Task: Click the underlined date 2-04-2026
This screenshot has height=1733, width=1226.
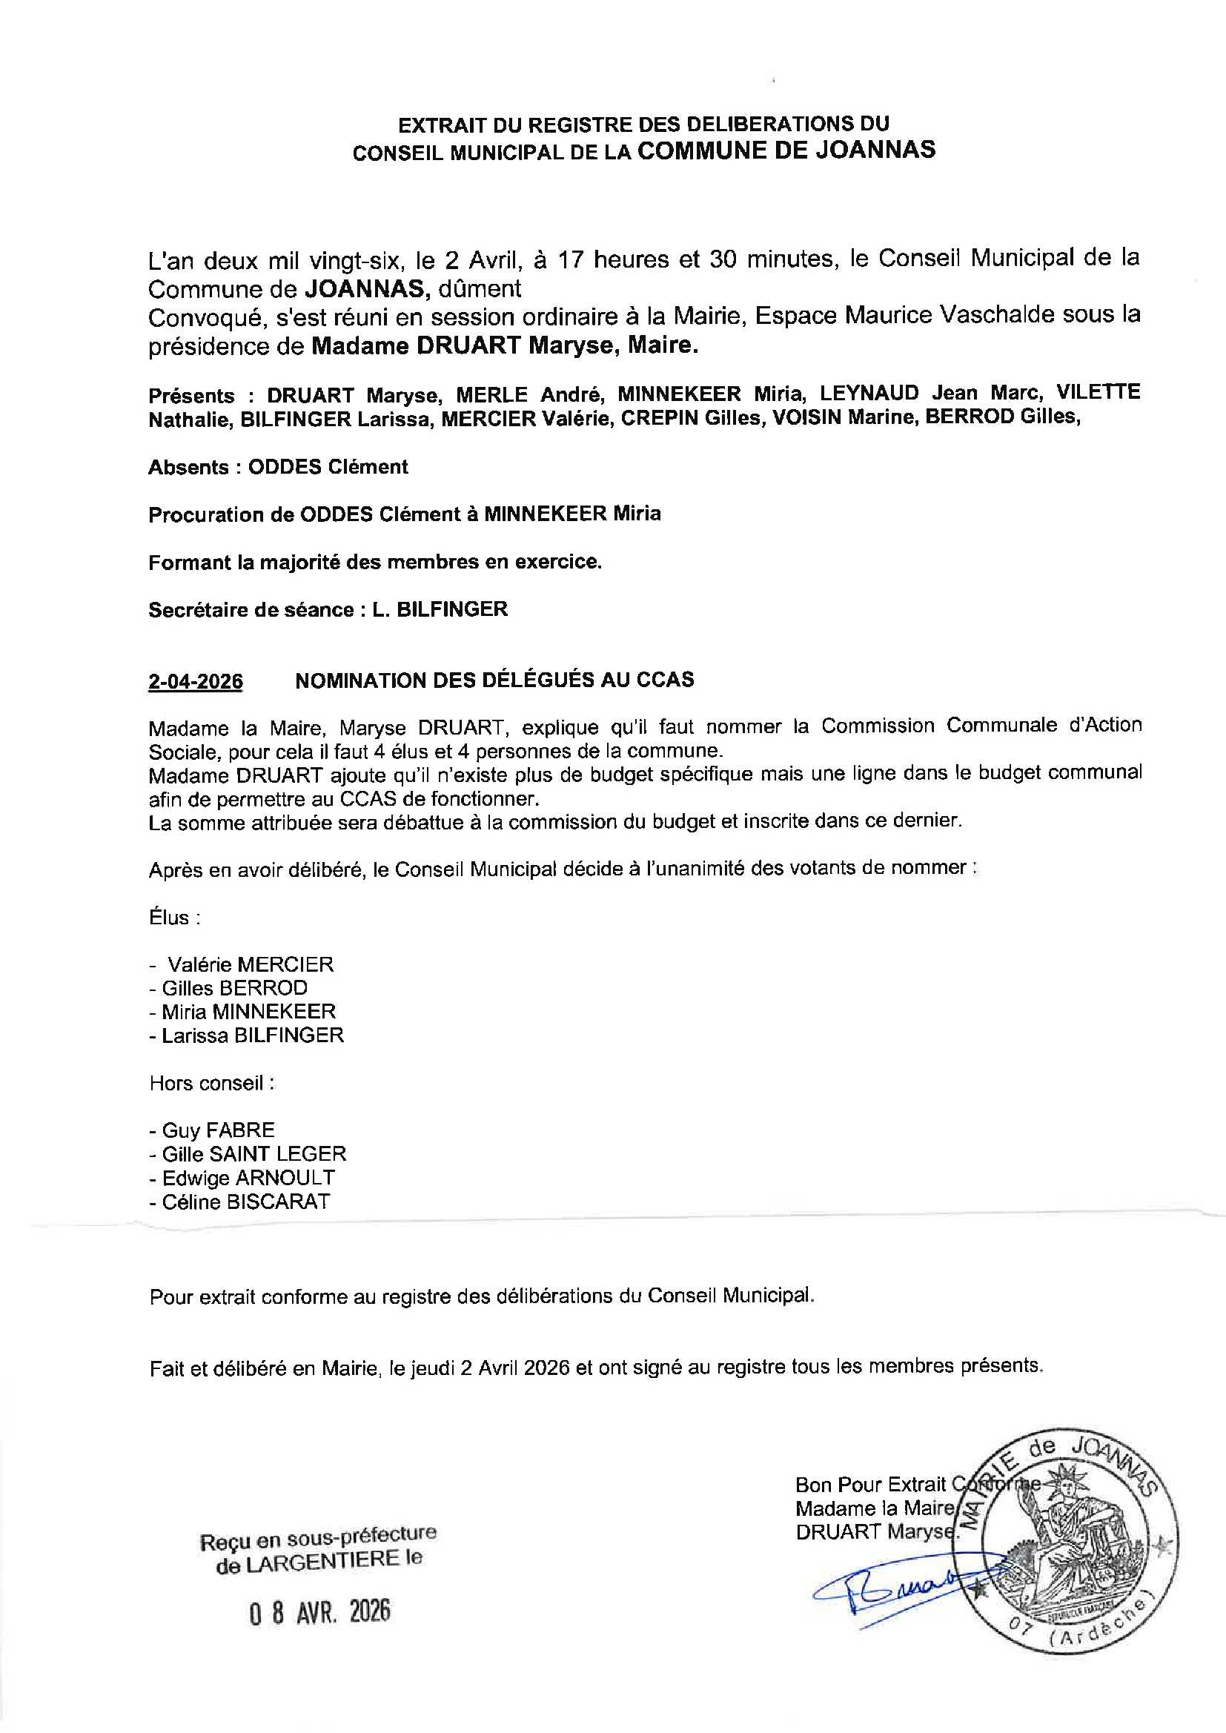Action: [x=196, y=682]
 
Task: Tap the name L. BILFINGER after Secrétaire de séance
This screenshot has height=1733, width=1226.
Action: [x=440, y=609]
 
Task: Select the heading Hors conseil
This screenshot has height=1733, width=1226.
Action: [x=211, y=1083]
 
